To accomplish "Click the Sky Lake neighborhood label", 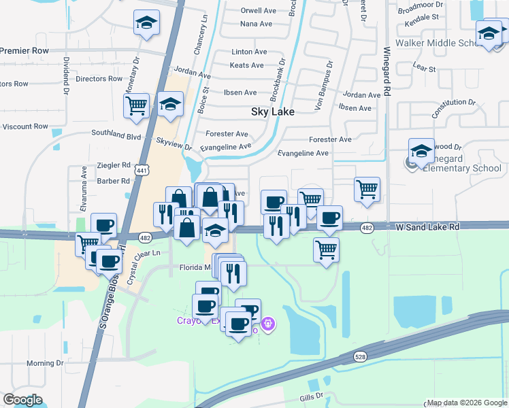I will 272,112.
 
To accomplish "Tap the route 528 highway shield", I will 360,356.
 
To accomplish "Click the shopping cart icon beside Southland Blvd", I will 136,106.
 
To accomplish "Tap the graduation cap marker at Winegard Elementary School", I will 421,151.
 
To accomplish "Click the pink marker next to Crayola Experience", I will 269,324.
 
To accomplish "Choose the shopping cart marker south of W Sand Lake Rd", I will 327,249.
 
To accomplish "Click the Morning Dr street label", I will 45,363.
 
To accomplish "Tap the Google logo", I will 22,400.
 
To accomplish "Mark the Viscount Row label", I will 24,126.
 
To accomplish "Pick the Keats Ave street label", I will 247,65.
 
